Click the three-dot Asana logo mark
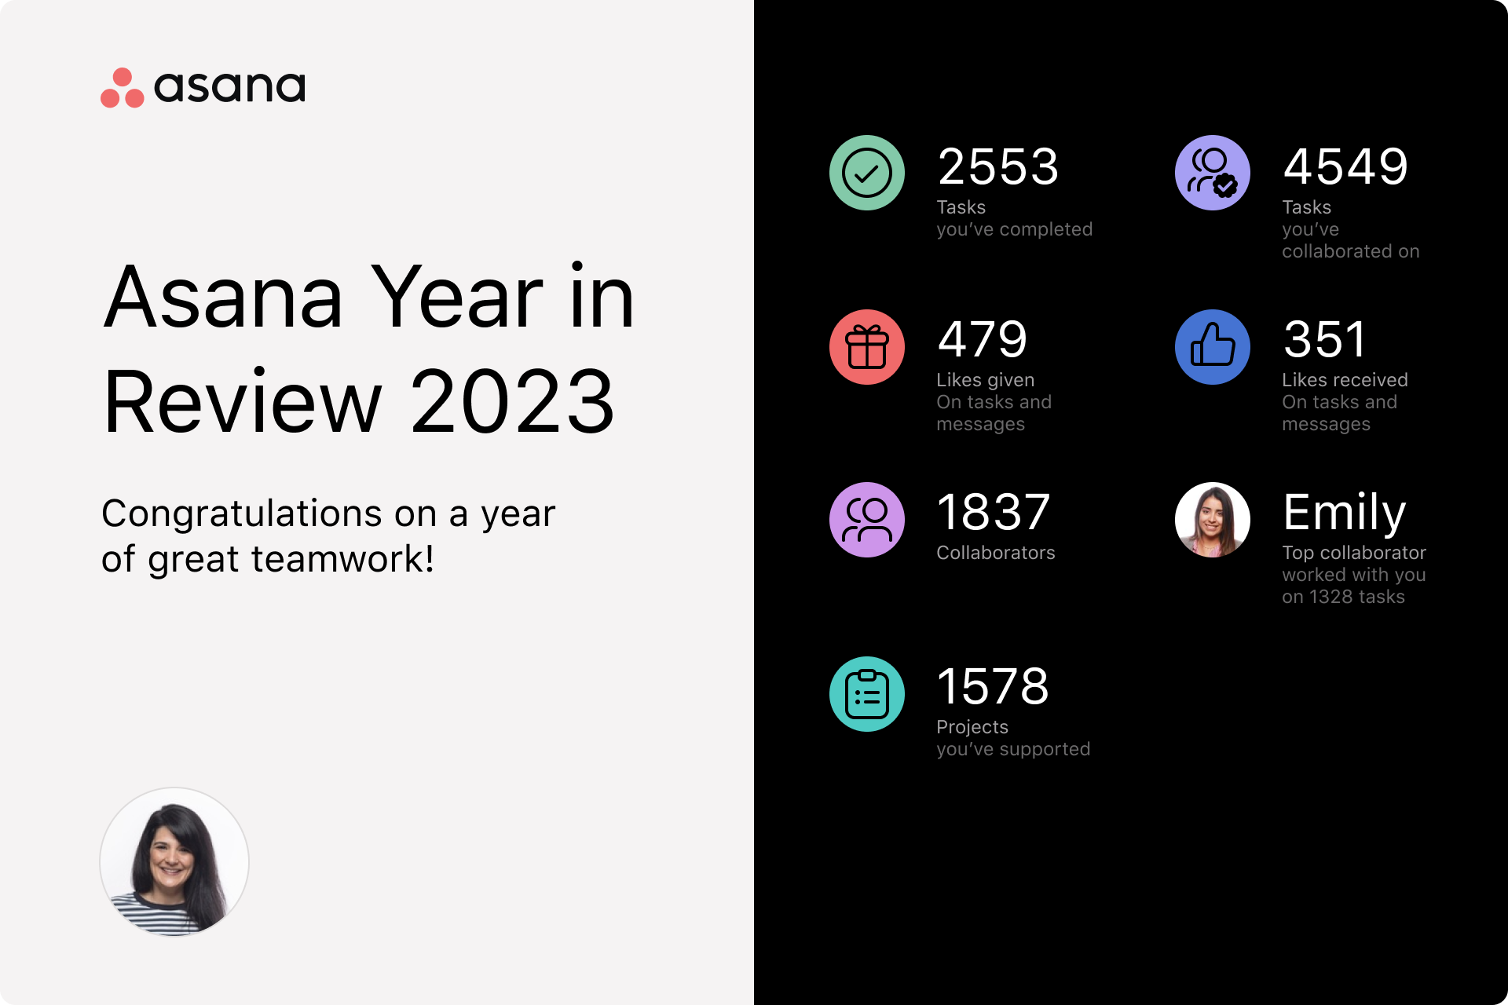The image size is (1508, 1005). coord(123,87)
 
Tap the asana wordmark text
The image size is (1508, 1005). coord(229,86)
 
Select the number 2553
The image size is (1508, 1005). coord(998,166)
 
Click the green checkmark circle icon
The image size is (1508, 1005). coord(867,173)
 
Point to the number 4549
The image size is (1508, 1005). coord(1345,166)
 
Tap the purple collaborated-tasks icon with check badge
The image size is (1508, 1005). coord(1213,173)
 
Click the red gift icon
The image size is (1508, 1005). coord(867,347)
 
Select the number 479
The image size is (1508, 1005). coord(983,339)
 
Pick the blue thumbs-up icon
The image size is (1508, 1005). coord(1213,347)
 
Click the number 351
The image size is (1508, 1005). coord(1325,339)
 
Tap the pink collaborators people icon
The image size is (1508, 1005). coord(867,520)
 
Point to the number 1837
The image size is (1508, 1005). coord(994,512)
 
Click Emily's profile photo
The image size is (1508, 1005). coord(1213,520)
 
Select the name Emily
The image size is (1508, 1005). coord(1345,513)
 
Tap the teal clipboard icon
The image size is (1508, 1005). coord(867,694)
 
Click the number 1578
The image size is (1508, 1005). coord(993,686)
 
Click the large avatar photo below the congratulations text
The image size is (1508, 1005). coord(174,862)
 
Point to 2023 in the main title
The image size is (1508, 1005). coord(512,402)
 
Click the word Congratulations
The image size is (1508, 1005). coord(242,513)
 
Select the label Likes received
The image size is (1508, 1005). coord(1345,380)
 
